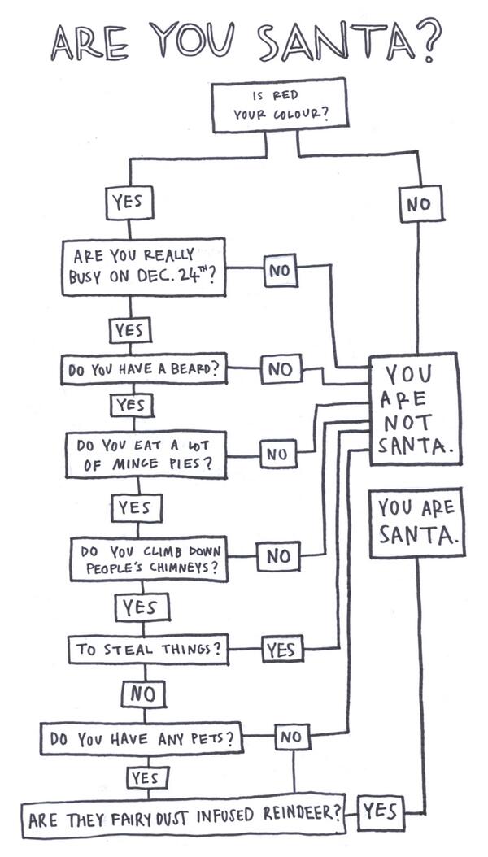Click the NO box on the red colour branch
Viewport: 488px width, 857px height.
(x=420, y=203)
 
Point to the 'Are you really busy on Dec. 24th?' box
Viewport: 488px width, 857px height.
(x=143, y=265)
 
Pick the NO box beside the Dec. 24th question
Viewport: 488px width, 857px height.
(x=279, y=271)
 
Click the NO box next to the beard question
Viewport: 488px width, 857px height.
(x=280, y=370)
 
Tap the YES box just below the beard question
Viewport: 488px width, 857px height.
(x=130, y=404)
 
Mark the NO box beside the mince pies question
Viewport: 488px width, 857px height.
(x=277, y=453)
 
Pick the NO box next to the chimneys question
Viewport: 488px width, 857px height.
(x=278, y=556)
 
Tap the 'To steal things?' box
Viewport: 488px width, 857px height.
(x=147, y=650)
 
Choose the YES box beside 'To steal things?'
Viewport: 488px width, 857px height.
(x=281, y=650)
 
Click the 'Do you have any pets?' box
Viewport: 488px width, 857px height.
(x=142, y=740)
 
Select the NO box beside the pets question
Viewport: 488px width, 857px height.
(x=290, y=737)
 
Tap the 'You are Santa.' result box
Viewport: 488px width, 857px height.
(x=416, y=522)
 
